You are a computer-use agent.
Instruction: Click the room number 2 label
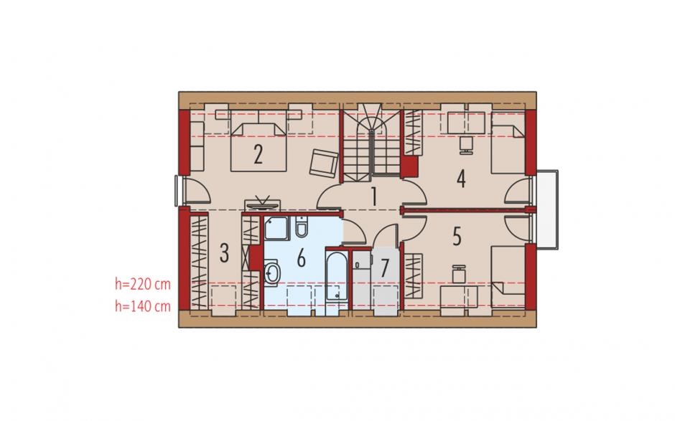point(259,154)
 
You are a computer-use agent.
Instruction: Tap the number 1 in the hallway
point(374,197)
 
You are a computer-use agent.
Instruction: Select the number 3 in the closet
point(224,253)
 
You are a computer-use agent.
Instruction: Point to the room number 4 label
point(461,179)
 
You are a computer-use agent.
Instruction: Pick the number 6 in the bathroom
point(302,258)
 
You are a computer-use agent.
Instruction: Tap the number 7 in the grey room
point(384,268)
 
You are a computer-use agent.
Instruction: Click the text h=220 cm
point(142,284)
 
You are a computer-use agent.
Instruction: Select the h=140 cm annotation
point(142,306)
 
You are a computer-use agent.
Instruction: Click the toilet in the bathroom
point(302,227)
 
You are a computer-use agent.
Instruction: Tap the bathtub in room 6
point(337,276)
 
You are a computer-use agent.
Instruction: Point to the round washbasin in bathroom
point(271,272)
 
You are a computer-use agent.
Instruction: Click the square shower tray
point(276,228)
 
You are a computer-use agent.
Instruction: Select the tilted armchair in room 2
point(324,163)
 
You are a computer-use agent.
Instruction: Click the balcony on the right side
point(546,209)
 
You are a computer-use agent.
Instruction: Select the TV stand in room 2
point(263,204)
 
